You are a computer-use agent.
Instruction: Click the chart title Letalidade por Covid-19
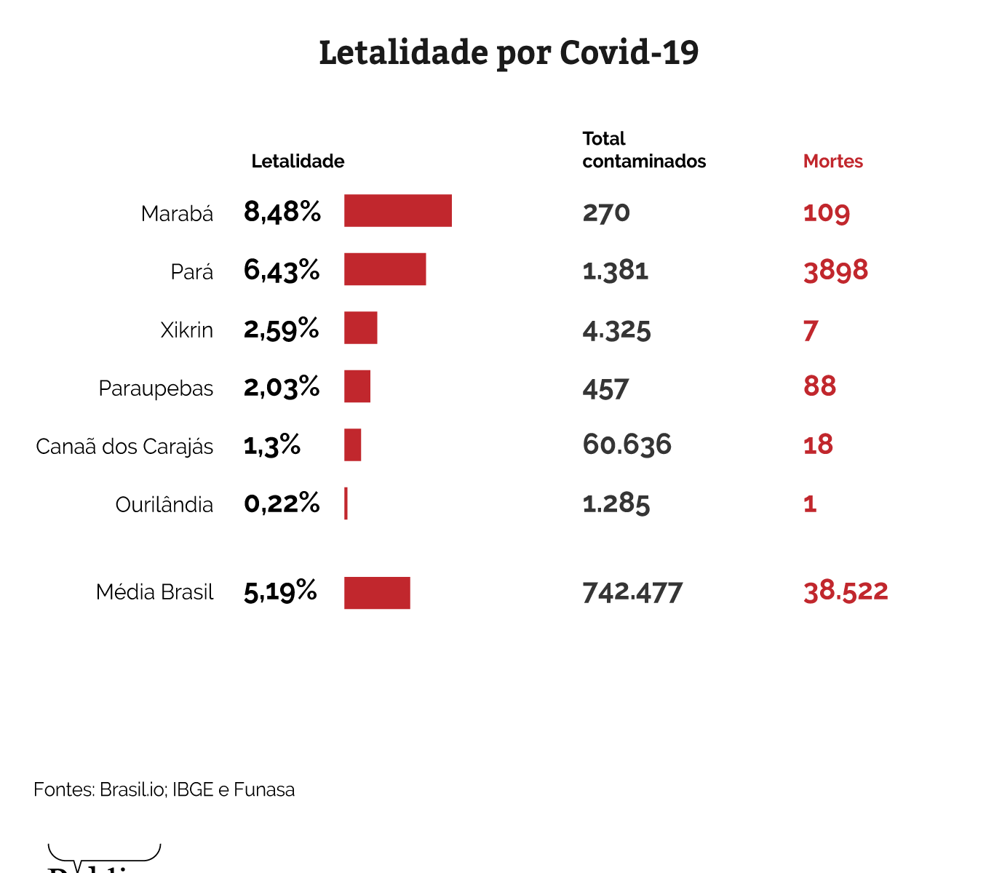point(509,53)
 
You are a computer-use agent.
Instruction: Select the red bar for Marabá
point(397,211)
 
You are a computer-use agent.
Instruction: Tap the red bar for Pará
point(384,269)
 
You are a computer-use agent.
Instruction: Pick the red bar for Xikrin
point(360,327)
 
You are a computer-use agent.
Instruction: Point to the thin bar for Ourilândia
point(346,503)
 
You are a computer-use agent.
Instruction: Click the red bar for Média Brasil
point(377,593)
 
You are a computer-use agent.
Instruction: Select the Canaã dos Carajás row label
point(124,446)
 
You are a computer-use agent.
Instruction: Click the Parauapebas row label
point(156,388)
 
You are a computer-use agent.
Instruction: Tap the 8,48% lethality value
point(282,212)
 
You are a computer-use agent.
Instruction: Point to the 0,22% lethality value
point(282,503)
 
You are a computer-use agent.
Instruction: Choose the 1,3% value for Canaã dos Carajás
point(272,445)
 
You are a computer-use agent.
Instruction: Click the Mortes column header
point(832,161)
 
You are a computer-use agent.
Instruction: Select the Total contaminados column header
point(643,150)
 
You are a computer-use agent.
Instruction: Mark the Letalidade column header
point(298,161)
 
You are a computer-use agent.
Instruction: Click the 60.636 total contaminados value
point(627,445)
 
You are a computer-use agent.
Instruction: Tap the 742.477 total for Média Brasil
point(632,592)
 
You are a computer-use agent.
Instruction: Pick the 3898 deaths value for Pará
point(835,271)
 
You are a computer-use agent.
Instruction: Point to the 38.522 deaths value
point(846,591)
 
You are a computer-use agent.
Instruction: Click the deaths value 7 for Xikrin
point(811,330)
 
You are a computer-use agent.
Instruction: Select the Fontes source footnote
point(164,789)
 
